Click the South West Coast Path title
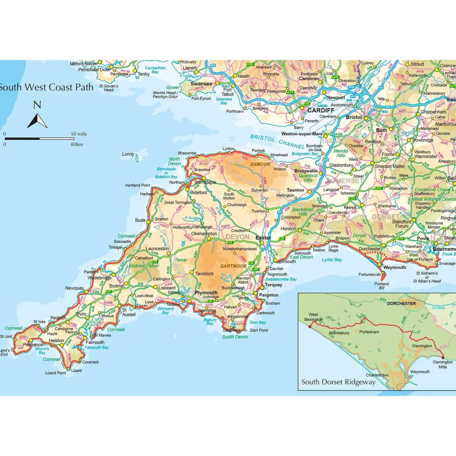pyautogui.click(x=46, y=87)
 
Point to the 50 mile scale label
pyautogui.click(x=79, y=134)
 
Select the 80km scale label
pyautogui.click(x=77, y=144)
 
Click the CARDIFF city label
pyautogui.click(x=321, y=110)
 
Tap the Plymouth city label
pyautogui.click(x=206, y=292)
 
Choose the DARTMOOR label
pyautogui.click(x=233, y=266)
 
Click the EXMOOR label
pyautogui.click(x=260, y=164)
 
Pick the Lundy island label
pyautogui.click(x=128, y=154)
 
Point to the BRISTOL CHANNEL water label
pyautogui.click(x=277, y=141)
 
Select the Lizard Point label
pyautogui.click(x=56, y=373)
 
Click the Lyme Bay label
pyautogui.click(x=332, y=260)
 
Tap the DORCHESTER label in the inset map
pyautogui.click(x=401, y=304)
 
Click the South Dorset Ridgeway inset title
pyautogui.click(x=338, y=382)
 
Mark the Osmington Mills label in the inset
pyautogui.click(x=442, y=364)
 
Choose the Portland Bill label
pyautogui.click(x=382, y=286)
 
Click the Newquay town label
pyautogui.click(x=74, y=288)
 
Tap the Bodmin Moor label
pyautogui.click(x=144, y=266)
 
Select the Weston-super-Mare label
pyautogui.click(x=302, y=134)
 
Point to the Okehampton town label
pyautogui.click(x=204, y=234)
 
